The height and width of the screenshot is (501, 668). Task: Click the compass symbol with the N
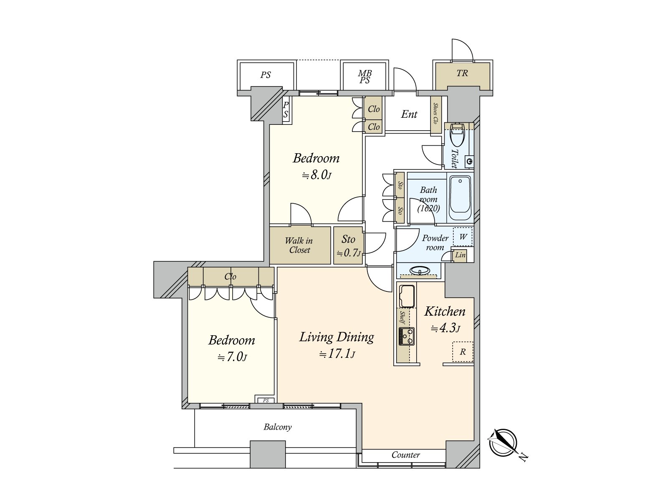point(504,443)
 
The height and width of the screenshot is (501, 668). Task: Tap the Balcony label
point(277,427)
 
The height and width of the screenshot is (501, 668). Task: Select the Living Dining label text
point(337,337)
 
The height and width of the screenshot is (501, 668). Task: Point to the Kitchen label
point(445,311)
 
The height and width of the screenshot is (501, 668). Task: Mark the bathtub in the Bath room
point(460,198)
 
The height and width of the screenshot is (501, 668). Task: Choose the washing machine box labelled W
point(463,237)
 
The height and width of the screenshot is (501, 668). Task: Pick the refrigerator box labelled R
point(463,352)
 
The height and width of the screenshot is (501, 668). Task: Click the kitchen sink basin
point(407,296)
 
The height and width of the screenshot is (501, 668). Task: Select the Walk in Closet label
point(299,245)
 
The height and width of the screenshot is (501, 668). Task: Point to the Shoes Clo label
point(436,114)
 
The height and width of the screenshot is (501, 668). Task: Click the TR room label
point(462,73)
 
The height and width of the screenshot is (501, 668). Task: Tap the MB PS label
point(364,77)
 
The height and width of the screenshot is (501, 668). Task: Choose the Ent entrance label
point(409,114)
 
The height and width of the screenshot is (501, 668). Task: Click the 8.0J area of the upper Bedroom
point(316,175)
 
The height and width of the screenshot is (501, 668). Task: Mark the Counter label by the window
point(406,455)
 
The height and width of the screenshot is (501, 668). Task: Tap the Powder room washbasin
point(420,270)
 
